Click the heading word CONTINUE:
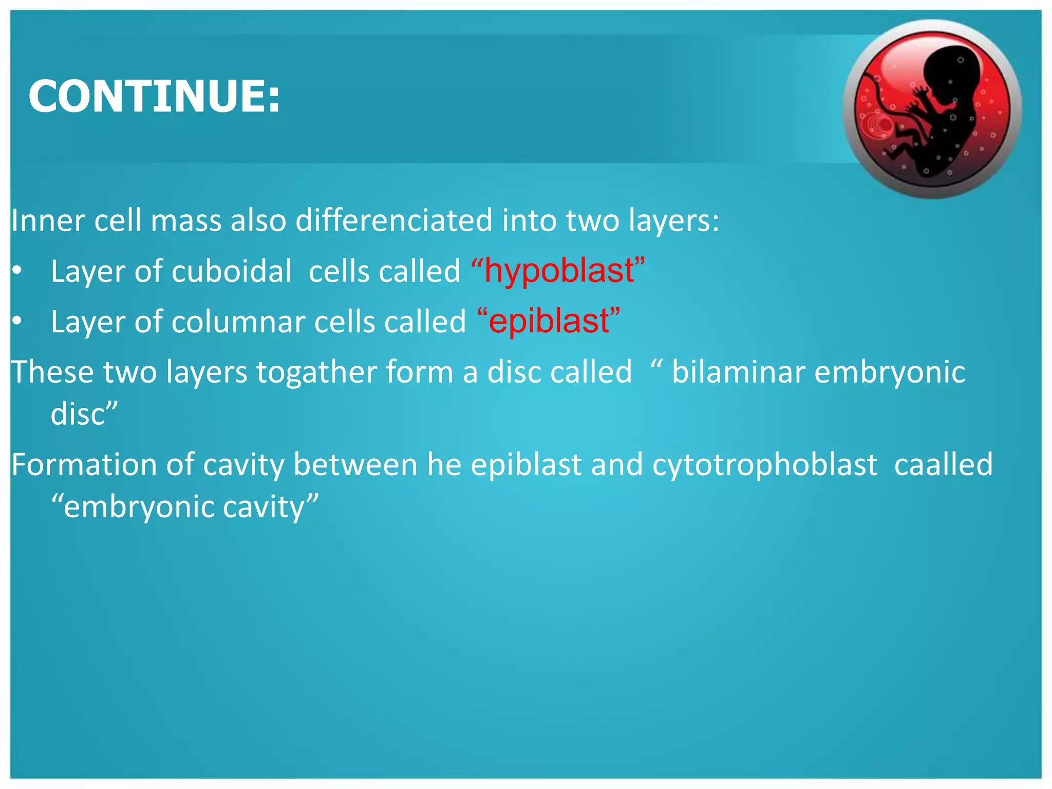click(154, 96)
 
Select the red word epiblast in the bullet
click(549, 321)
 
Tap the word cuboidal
click(232, 271)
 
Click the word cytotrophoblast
click(765, 465)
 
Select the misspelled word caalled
click(944, 465)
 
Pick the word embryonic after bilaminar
click(889, 372)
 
